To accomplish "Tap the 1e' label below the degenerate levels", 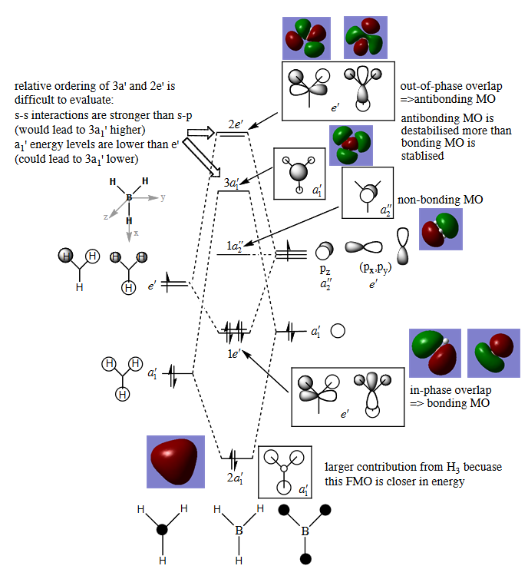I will click(233, 354).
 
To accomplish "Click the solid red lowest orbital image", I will click(176, 461).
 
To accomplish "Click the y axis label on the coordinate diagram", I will click(163, 197).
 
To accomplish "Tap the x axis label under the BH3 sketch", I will click(137, 232).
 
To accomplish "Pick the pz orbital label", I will click(325, 270).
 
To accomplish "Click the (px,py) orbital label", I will click(371, 269).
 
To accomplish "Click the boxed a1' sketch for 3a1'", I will click(299, 174).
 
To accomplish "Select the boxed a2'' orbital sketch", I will click(367, 194).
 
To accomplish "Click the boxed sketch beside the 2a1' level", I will click(285, 471).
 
